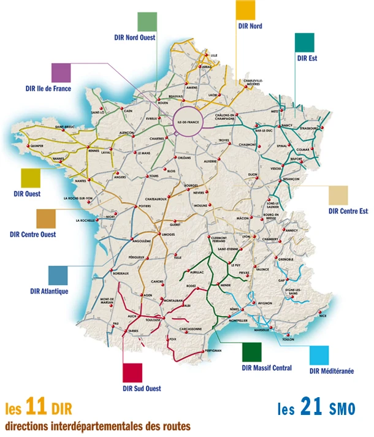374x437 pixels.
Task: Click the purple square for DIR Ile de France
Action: (61, 72)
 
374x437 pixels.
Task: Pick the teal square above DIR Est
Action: (305, 43)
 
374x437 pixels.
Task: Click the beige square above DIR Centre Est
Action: (338, 196)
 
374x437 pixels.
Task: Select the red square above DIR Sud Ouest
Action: (132, 373)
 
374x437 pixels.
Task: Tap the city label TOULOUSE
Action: (153, 319)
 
